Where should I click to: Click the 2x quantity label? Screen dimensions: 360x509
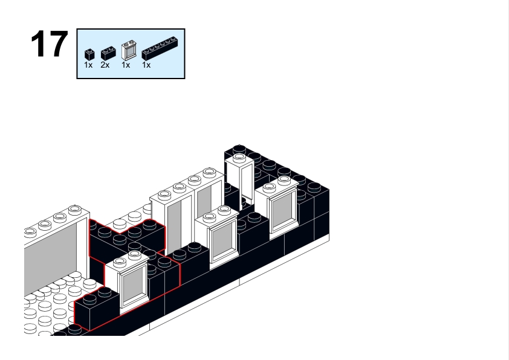(x=105, y=65)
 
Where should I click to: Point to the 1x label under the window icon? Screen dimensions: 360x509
(x=126, y=65)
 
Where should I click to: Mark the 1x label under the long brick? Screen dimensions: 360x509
(x=146, y=65)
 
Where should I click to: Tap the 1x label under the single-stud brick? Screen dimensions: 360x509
(x=88, y=65)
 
